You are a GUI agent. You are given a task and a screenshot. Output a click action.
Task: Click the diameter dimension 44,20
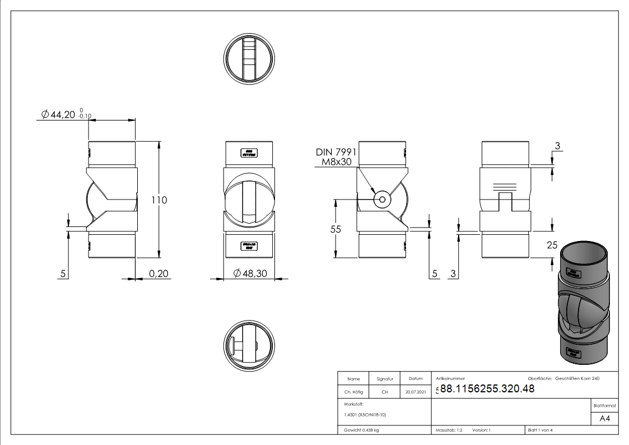(x=62, y=115)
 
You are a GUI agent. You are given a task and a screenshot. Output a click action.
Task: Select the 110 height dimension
(x=160, y=200)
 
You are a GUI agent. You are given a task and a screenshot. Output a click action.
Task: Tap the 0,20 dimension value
(x=159, y=274)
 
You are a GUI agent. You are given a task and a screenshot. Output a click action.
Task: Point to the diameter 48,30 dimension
(x=255, y=274)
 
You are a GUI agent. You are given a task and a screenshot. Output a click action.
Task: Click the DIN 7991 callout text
(x=336, y=152)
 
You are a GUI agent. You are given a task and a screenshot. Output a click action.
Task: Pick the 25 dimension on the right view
(x=552, y=244)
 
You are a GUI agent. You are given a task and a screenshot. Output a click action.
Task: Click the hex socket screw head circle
(x=383, y=200)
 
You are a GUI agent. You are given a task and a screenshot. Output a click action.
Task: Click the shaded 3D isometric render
(x=583, y=303)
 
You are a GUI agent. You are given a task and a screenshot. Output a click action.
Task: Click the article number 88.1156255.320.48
(x=487, y=389)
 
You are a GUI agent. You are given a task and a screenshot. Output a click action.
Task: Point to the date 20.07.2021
(x=415, y=392)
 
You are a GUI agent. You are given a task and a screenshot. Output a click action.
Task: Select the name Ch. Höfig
(x=353, y=392)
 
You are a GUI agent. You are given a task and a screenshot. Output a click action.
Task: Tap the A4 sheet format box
(x=604, y=419)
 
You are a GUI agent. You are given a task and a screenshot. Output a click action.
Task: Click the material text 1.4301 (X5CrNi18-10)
(x=365, y=415)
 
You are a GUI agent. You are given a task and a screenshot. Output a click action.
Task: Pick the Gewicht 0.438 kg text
(x=361, y=430)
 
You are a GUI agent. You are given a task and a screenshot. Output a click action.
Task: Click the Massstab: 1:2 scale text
(x=449, y=430)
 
